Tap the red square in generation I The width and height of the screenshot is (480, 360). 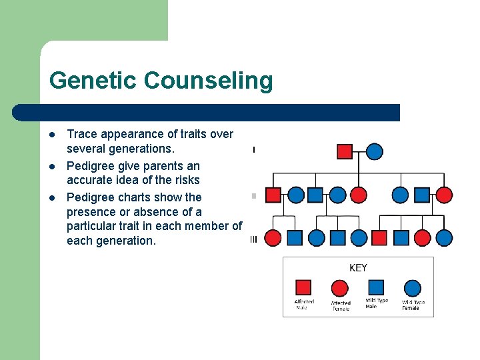(x=345, y=151)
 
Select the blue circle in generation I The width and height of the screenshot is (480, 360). (x=375, y=151)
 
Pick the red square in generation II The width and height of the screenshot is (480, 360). (x=273, y=195)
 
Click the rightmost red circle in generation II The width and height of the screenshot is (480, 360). (x=444, y=195)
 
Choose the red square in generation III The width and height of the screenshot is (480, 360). (x=379, y=238)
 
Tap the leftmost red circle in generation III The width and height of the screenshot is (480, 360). (x=273, y=238)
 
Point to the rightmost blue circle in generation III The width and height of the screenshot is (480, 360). (x=444, y=238)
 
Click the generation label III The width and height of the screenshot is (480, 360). (x=253, y=239)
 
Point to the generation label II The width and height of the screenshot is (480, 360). (x=253, y=196)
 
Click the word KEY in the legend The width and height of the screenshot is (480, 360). (x=358, y=268)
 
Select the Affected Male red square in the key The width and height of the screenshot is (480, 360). (x=303, y=287)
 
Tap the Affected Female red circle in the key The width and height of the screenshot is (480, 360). (x=340, y=288)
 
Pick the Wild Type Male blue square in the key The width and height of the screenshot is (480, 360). (x=376, y=287)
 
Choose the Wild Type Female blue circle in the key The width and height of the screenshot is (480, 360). (x=413, y=288)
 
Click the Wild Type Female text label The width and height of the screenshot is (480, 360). (x=413, y=305)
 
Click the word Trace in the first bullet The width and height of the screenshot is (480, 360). (x=81, y=134)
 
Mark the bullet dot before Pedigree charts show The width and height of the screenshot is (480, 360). (x=51, y=197)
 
